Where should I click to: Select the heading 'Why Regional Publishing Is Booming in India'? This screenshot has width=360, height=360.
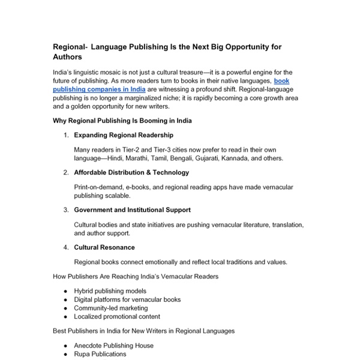[x=122, y=121]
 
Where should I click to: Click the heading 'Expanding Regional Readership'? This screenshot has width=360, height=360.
[x=124, y=135]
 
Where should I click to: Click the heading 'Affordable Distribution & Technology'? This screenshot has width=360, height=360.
[x=131, y=172]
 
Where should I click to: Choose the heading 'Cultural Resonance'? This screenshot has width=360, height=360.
[x=104, y=247]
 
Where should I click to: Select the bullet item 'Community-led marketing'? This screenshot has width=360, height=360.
[x=110, y=308]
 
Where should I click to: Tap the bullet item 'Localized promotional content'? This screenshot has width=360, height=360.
[x=117, y=316]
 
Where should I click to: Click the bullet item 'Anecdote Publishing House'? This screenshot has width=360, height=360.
[x=113, y=346]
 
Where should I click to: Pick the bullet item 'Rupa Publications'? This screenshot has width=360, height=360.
[x=100, y=354]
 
